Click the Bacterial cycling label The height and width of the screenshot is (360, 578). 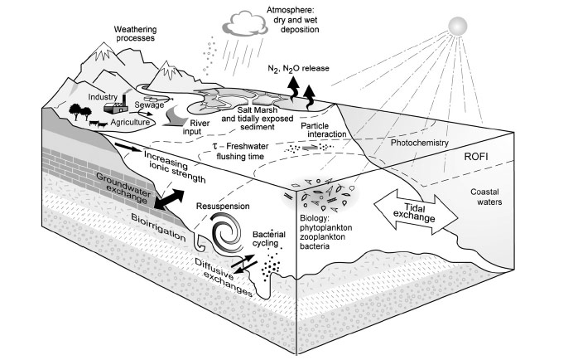click(x=272, y=241)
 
